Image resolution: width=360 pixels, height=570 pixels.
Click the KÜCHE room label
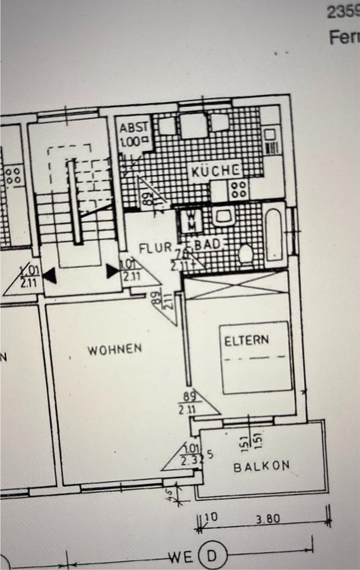click(x=215, y=172)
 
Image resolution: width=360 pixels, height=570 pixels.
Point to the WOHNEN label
click(x=115, y=349)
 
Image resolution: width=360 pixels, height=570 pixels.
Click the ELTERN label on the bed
click(x=247, y=341)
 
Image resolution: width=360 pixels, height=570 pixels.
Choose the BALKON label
click(x=261, y=466)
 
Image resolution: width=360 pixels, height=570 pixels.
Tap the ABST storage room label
click(x=133, y=128)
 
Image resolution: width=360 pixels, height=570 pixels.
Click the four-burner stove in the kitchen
click(x=239, y=189)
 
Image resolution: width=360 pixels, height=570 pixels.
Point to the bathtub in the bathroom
click(x=275, y=234)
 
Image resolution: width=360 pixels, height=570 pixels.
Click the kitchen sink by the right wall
click(x=271, y=142)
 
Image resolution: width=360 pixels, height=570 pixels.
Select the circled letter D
click(x=211, y=558)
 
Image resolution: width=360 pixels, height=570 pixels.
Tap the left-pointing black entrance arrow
click(x=50, y=274)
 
